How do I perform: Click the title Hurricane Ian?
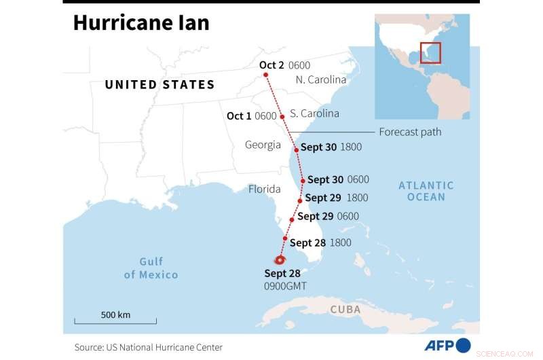coord(141,24)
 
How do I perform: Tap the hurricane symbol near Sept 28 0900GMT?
coord(280,260)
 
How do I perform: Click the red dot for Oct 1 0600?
coord(282,117)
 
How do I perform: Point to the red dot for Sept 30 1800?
coord(296,149)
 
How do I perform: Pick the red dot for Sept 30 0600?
coord(303,181)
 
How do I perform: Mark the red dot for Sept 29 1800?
coord(300,201)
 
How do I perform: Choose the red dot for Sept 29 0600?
coord(292,219)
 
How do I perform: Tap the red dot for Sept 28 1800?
coord(285,238)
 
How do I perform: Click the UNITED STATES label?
coord(160,85)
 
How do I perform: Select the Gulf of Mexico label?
coord(151,268)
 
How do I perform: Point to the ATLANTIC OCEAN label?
coord(426,191)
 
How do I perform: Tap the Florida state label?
coord(264,190)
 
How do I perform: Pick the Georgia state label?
coord(263,145)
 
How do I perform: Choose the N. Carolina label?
coord(321,79)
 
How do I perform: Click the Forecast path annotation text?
coord(409,132)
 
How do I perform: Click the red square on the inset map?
coord(430,52)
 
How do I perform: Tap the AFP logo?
coord(448,345)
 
